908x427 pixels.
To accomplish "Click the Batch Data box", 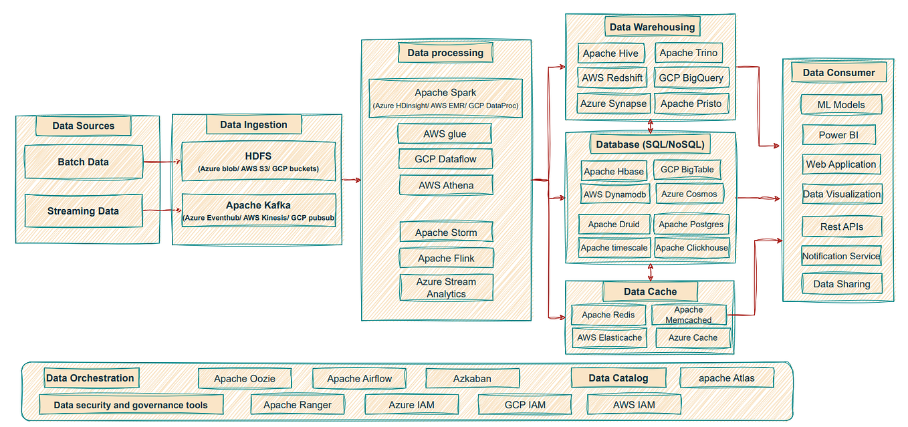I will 84,162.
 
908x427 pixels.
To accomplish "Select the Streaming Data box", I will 84,210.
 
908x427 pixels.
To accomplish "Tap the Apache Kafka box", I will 258,210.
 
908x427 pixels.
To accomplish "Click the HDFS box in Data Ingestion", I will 258,161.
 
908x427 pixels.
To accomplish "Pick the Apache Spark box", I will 445,98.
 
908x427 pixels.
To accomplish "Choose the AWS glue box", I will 445,134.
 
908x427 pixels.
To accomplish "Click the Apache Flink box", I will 446,258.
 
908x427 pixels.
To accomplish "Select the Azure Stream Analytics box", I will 446,287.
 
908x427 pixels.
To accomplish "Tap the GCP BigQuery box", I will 691,78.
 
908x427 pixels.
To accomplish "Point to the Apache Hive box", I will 610,53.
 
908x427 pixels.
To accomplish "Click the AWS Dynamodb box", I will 614,194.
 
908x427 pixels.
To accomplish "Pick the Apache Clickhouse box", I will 691,247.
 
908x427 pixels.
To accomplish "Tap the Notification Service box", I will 841,256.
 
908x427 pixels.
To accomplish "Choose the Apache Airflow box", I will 359,378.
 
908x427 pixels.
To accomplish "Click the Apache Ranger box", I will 298,404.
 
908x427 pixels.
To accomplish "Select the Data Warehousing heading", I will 652,27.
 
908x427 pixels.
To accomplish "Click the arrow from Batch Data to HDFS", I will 162,162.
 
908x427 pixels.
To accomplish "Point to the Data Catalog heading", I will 618,378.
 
